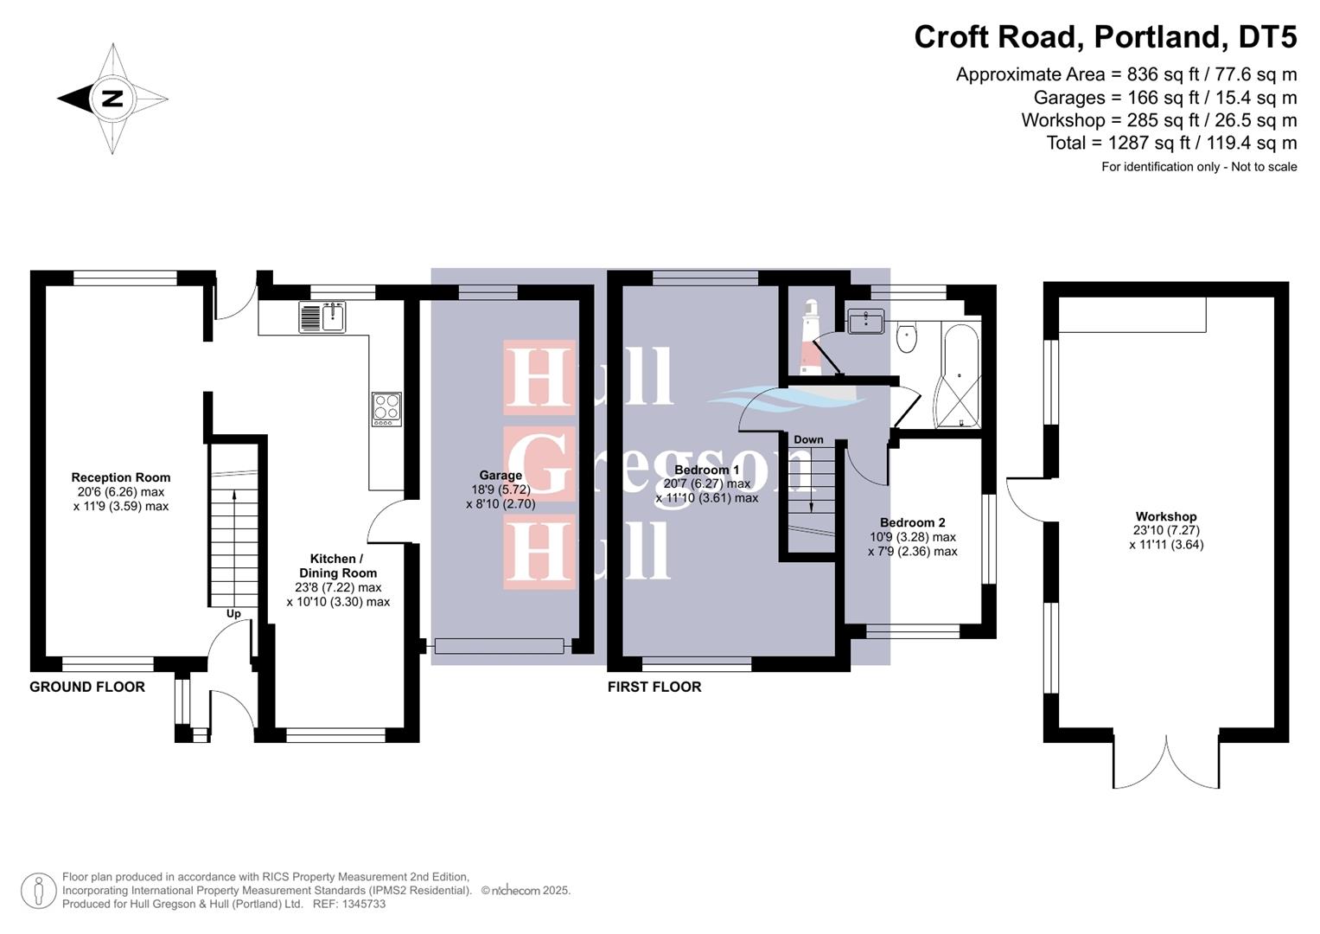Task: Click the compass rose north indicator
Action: pos(112,99)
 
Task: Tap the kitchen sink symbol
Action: pos(322,317)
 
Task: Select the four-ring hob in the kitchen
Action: pos(386,409)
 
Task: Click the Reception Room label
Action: pos(121,477)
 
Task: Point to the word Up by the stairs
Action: pos(233,614)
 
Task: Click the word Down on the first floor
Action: pos(808,439)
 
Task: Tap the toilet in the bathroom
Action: pos(907,337)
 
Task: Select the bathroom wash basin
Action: pos(865,323)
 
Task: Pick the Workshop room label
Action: pos(1166,516)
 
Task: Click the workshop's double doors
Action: pos(1166,761)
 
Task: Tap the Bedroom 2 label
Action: pos(912,522)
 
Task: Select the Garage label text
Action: pos(501,475)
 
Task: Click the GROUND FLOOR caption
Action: pos(87,687)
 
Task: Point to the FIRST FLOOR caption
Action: pos(654,687)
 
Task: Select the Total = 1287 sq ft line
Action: pos(1171,143)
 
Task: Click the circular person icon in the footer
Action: pos(38,891)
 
